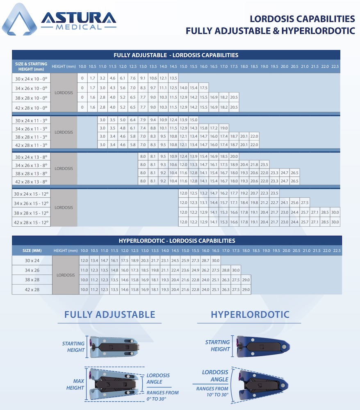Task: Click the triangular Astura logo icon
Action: [x=20, y=20]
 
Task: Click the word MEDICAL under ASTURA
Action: [x=79, y=27]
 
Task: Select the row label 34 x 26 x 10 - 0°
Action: [x=31, y=88]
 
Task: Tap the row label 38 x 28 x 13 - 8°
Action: [x=31, y=173]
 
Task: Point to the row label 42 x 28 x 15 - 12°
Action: [x=31, y=222]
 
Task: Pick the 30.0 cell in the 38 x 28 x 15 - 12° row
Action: [x=335, y=212]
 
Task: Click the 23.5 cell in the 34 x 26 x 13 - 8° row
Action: [x=264, y=164]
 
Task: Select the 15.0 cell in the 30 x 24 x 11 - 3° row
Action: [x=194, y=120]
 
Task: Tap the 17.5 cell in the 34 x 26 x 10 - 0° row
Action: [x=204, y=88]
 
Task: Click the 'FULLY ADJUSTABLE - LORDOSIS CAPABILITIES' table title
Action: [x=176, y=55]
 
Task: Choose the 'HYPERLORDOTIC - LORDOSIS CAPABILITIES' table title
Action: [x=177, y=241]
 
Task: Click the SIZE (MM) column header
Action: [x=32, y=251]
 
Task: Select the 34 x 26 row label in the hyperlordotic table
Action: [x=32, y=270]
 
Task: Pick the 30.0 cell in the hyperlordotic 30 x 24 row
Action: [x=215, y=260]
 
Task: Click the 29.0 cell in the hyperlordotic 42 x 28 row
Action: [x=246, y=289]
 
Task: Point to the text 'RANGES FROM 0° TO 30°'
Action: [x=163, y=395]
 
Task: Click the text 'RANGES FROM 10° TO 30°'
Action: [x=212, y=392]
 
